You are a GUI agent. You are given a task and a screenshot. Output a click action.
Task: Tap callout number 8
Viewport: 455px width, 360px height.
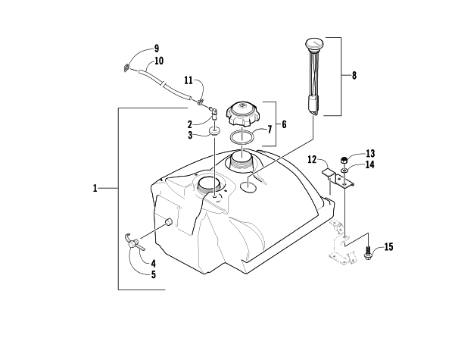[x=354, y=75]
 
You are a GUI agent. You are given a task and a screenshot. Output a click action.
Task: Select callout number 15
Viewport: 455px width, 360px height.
[x=388, y=246]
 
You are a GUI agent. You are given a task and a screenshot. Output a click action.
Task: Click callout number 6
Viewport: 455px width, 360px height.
[x=284, y=124]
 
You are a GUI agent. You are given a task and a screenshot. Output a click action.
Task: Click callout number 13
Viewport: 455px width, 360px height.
[x=370, y=153]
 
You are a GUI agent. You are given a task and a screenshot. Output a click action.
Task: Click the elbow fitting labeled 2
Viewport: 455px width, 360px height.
[x=214, y=114]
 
